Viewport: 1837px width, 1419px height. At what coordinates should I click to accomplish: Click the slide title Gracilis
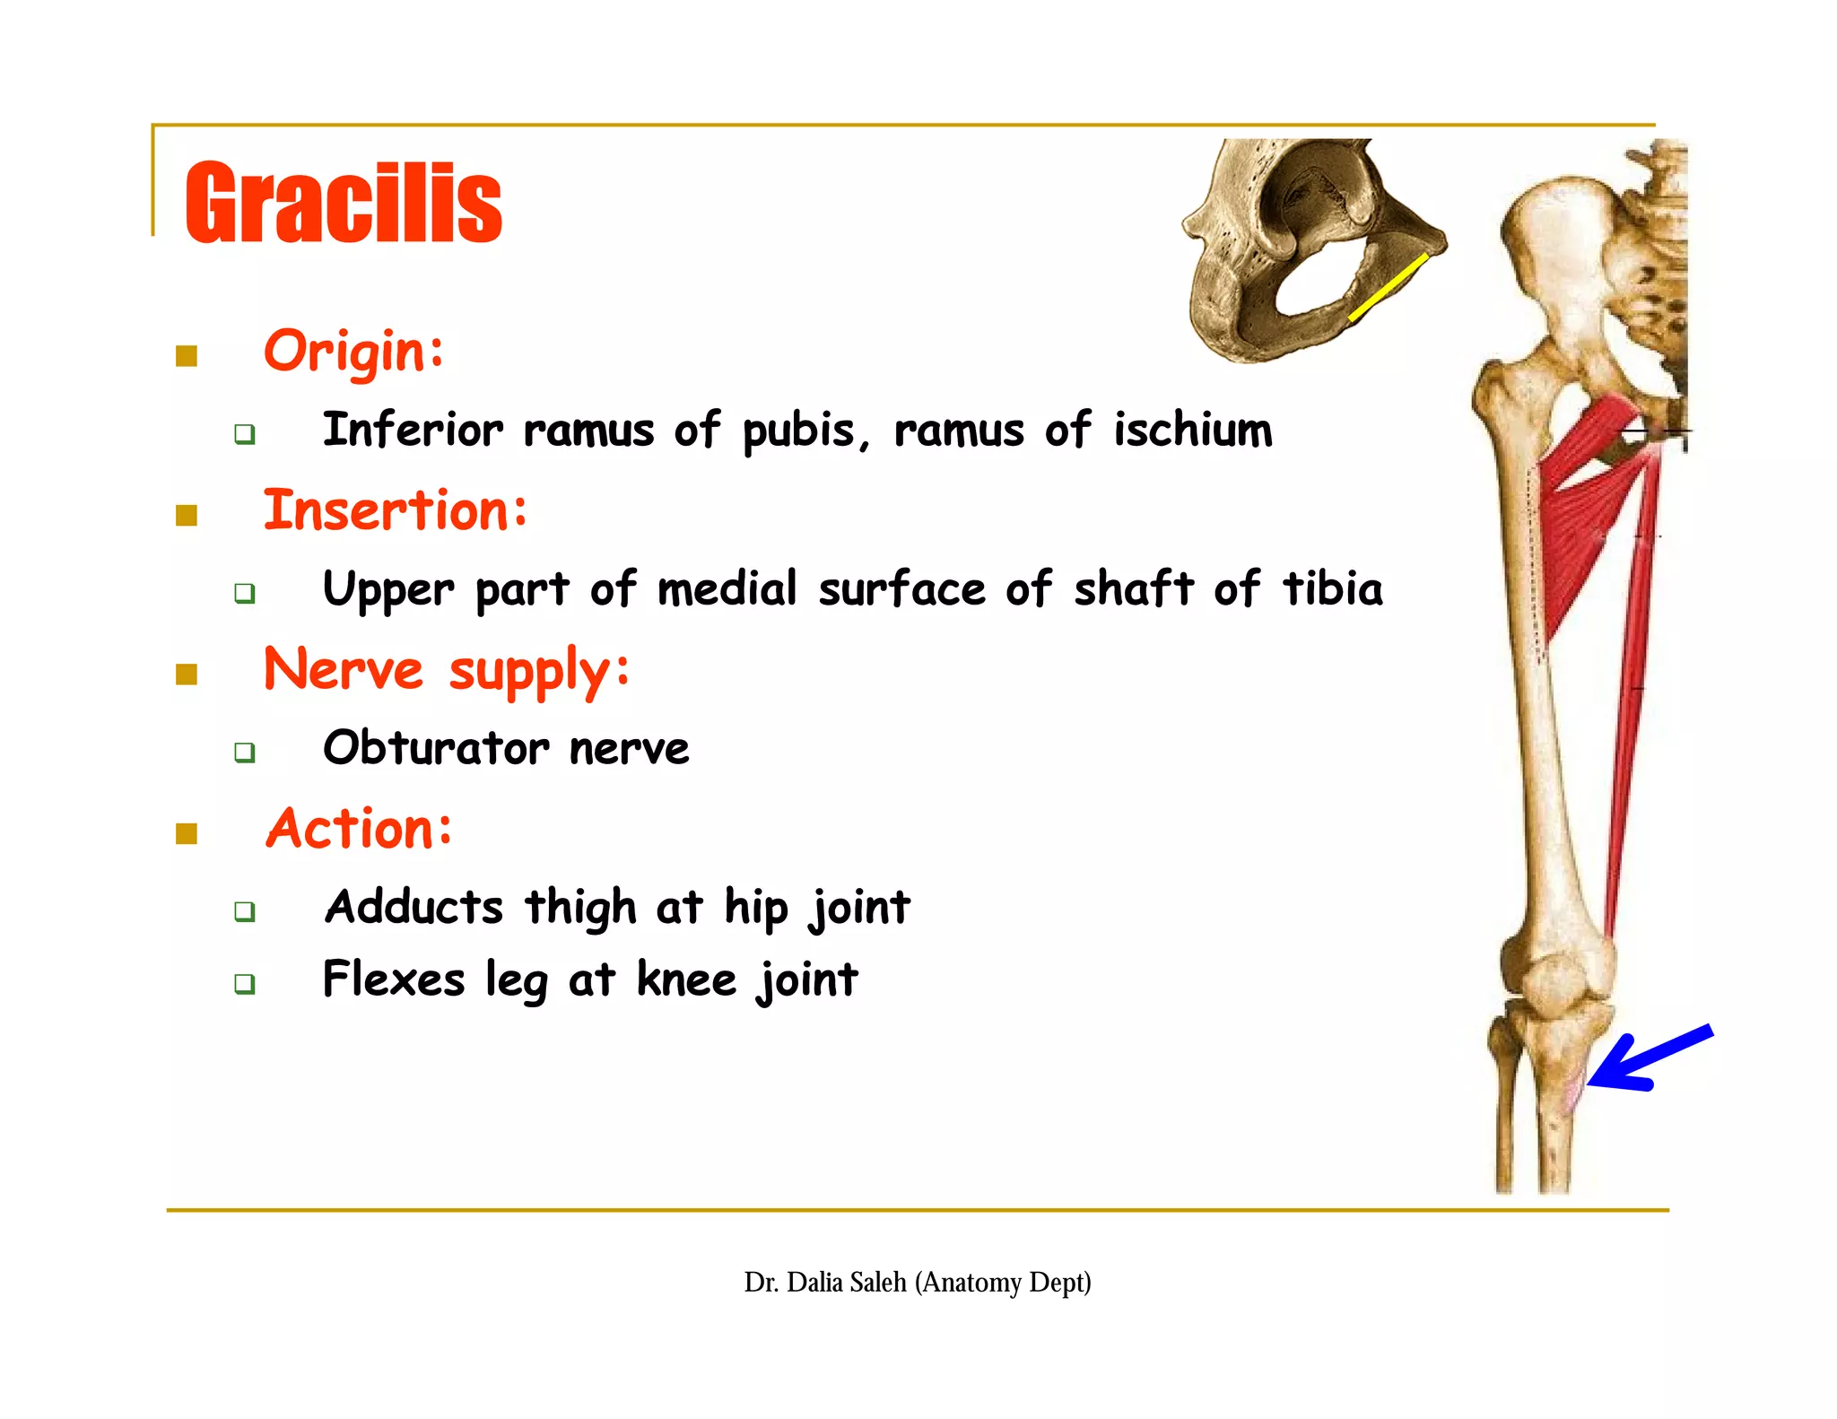click(343, 203)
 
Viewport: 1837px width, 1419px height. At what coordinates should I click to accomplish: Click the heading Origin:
click(353, 351)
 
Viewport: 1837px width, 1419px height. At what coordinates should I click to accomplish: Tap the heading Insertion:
click(396, 509)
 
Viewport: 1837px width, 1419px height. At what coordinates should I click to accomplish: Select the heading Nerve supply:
click(447, 670)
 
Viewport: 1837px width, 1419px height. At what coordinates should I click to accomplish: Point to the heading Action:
click(359, 828)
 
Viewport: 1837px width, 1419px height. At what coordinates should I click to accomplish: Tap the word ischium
click(1193, 430)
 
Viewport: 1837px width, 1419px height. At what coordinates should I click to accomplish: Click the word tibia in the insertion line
click(1333, 589)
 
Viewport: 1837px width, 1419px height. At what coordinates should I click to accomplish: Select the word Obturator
click(436, 748)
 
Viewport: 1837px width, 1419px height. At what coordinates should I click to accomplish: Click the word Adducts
click(414, 907)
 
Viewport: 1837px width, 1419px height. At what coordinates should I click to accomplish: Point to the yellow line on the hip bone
click(1388, 287)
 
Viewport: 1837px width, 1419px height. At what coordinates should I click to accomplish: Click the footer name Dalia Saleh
click(846, 1282)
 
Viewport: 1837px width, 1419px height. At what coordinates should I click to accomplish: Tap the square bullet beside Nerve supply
click(187, 674)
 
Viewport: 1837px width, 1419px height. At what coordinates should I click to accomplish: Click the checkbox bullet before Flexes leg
click(244, 983)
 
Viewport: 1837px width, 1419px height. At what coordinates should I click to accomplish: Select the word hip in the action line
click(755, 907)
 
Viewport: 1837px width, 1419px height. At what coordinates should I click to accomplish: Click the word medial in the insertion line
click(727, 589)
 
